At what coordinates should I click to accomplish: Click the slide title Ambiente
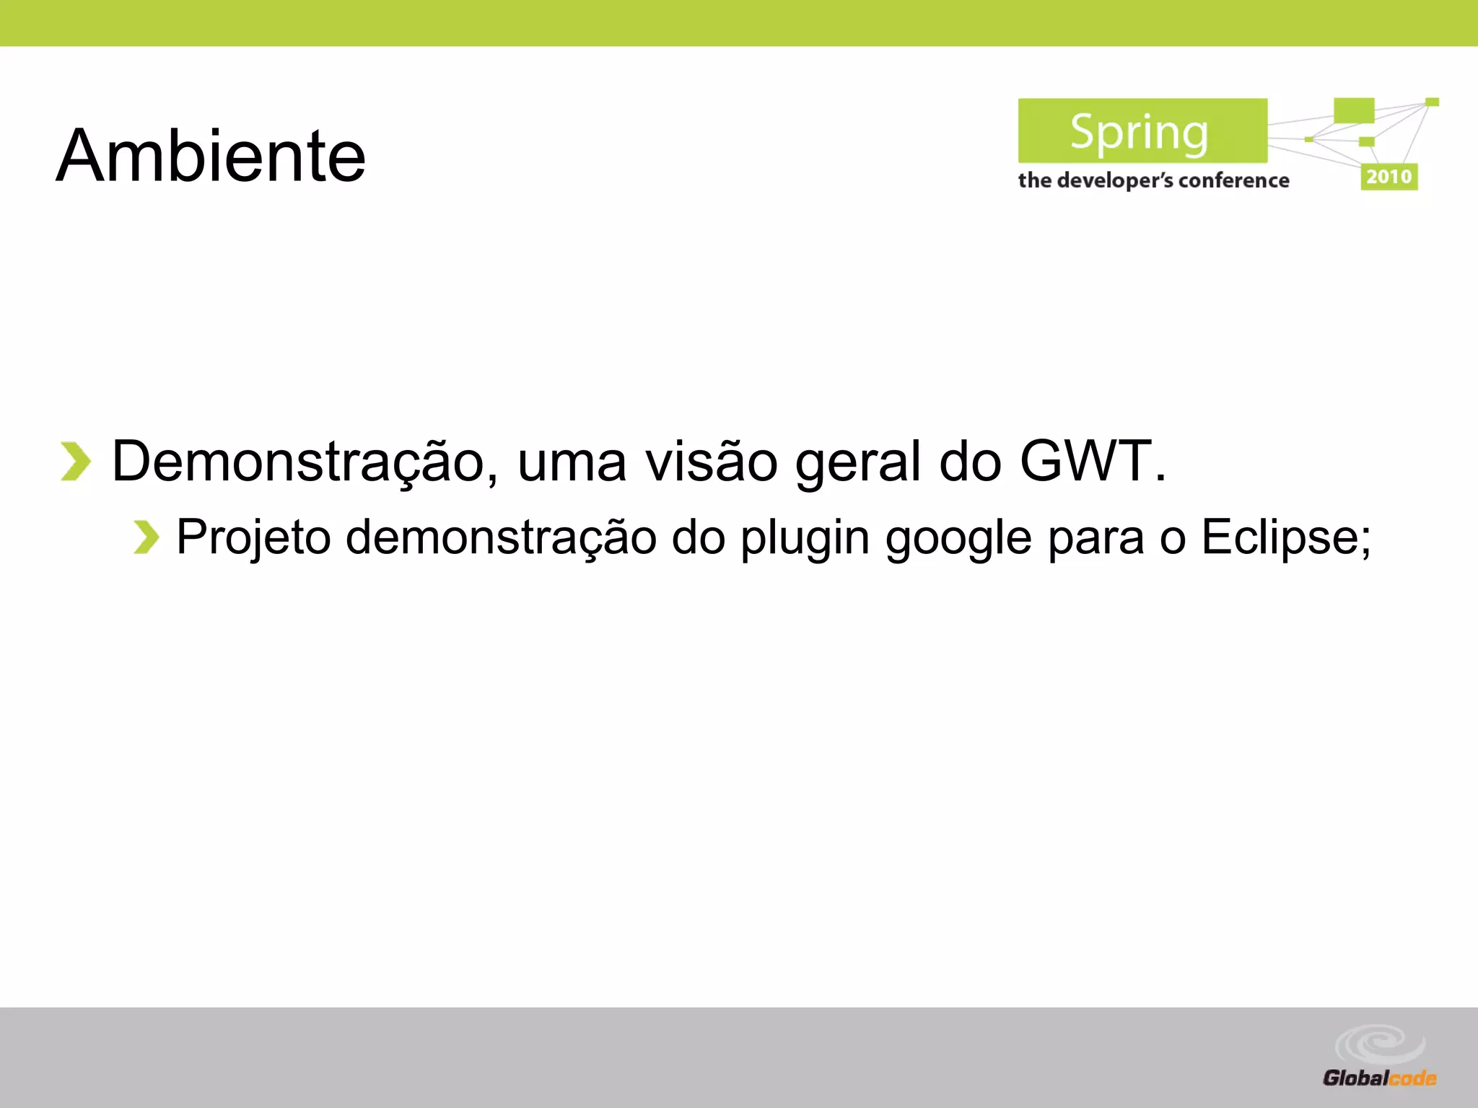[x=211, y=156]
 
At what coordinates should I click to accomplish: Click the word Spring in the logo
[x=1140, y=132]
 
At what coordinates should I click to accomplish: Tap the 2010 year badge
[x=1389, y=177]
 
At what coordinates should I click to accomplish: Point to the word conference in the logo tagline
[x=1233, y=180]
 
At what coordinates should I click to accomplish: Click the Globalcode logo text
[x=1379, y=1078]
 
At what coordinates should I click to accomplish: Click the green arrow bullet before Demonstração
[x=76, y=461]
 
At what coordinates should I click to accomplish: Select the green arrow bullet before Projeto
[x=146, y=537]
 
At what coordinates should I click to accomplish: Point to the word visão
[x=712, y=461]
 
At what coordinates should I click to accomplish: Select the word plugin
[x=805, y=539]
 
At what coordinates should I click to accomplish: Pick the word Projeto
[x=253, y=539]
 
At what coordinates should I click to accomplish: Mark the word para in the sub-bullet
[x=1096, y=539]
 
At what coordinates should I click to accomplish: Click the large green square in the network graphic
[x=1353, y=110]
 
